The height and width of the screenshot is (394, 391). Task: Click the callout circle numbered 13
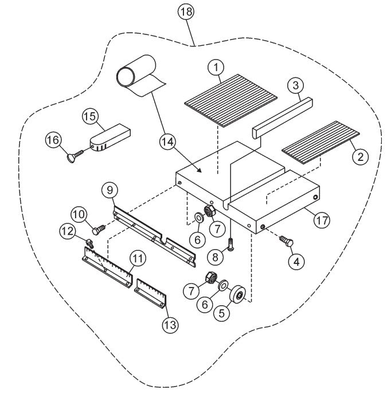pyautogui.click(x=171, y=325)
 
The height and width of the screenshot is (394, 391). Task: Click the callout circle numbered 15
pyautogui.click(x=89, y=116)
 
